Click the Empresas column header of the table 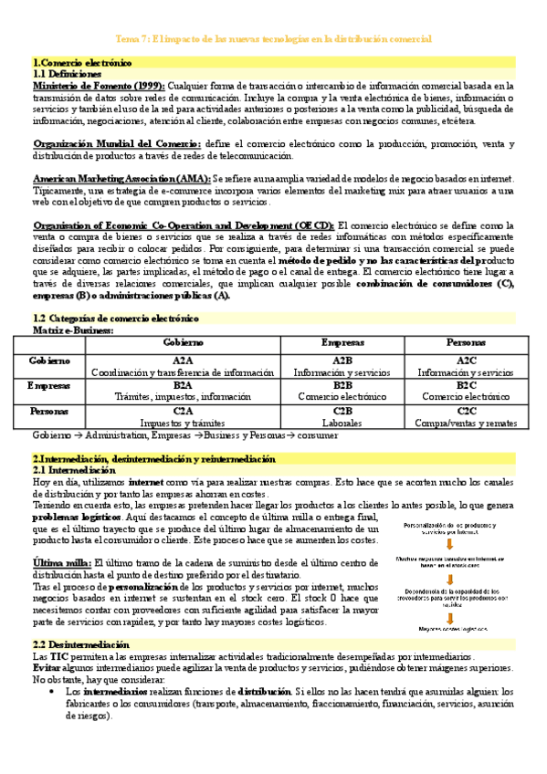tap(342, 341)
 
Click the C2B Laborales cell tap(342, 417)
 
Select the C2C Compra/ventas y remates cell tap(467, 417)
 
